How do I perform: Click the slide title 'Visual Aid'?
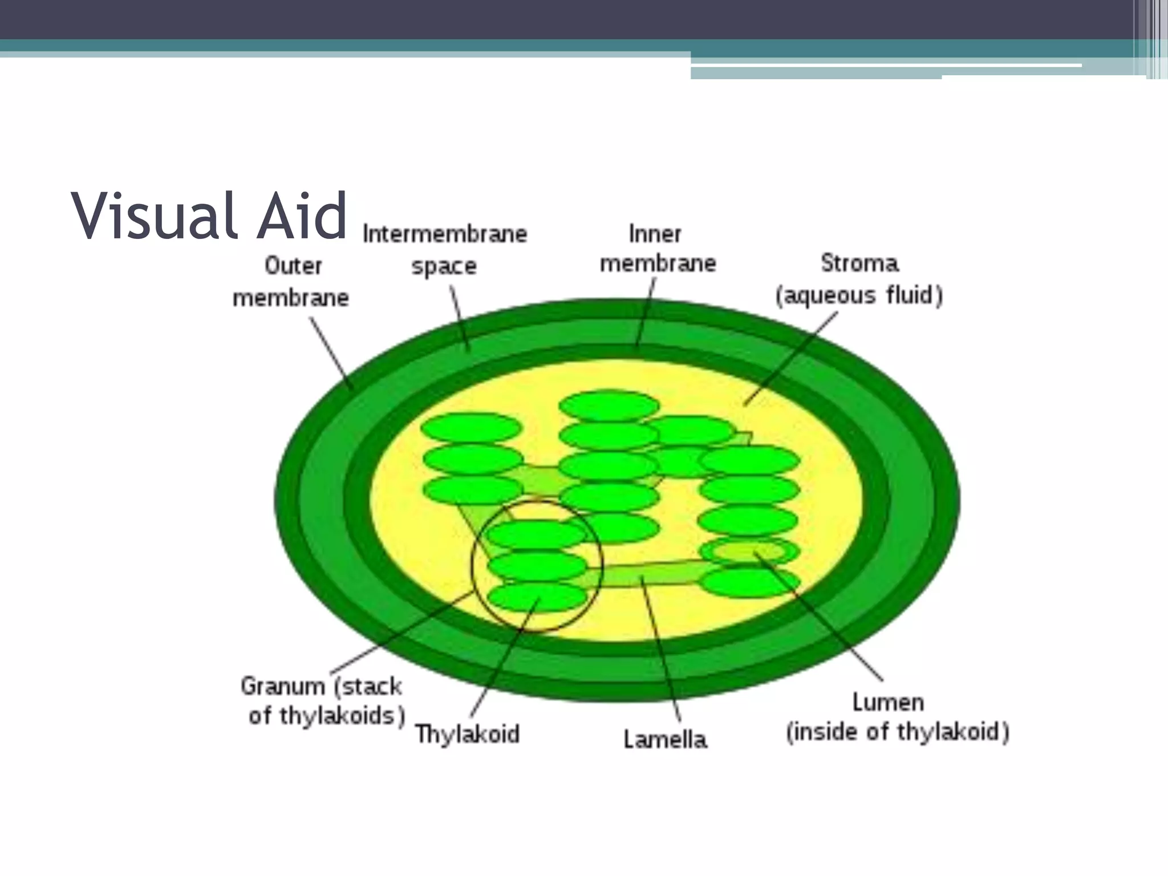pos(209,217)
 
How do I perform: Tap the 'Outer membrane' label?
pos(291,282)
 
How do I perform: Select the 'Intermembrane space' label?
pos(445,250)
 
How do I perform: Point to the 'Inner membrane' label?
pos(658,249)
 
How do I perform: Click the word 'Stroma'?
pos(859,263)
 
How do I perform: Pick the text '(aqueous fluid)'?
pos(859,295)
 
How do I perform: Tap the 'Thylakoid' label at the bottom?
pos(467,734)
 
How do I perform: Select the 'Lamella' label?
pos(665,740)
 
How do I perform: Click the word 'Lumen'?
pos(888,702)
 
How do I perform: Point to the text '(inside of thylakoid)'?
pos(898,732)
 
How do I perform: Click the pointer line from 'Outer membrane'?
pos(331,353)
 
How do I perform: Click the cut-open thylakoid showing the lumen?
pos(749,551)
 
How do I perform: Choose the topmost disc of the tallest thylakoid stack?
pos(609,405)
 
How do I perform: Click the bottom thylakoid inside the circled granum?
pos(536,597)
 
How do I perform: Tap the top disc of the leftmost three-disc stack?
pos(471,428)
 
